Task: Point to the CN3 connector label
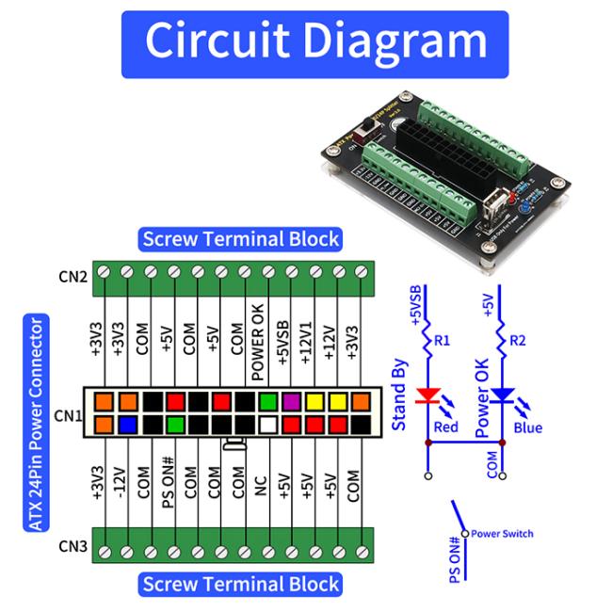(x=72, y=546)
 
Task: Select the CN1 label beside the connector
(x=68, y=415)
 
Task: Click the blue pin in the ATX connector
(x=127, y=425)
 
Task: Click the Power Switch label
(x=502, y=534)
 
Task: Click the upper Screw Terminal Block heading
(x=240, y=238)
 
